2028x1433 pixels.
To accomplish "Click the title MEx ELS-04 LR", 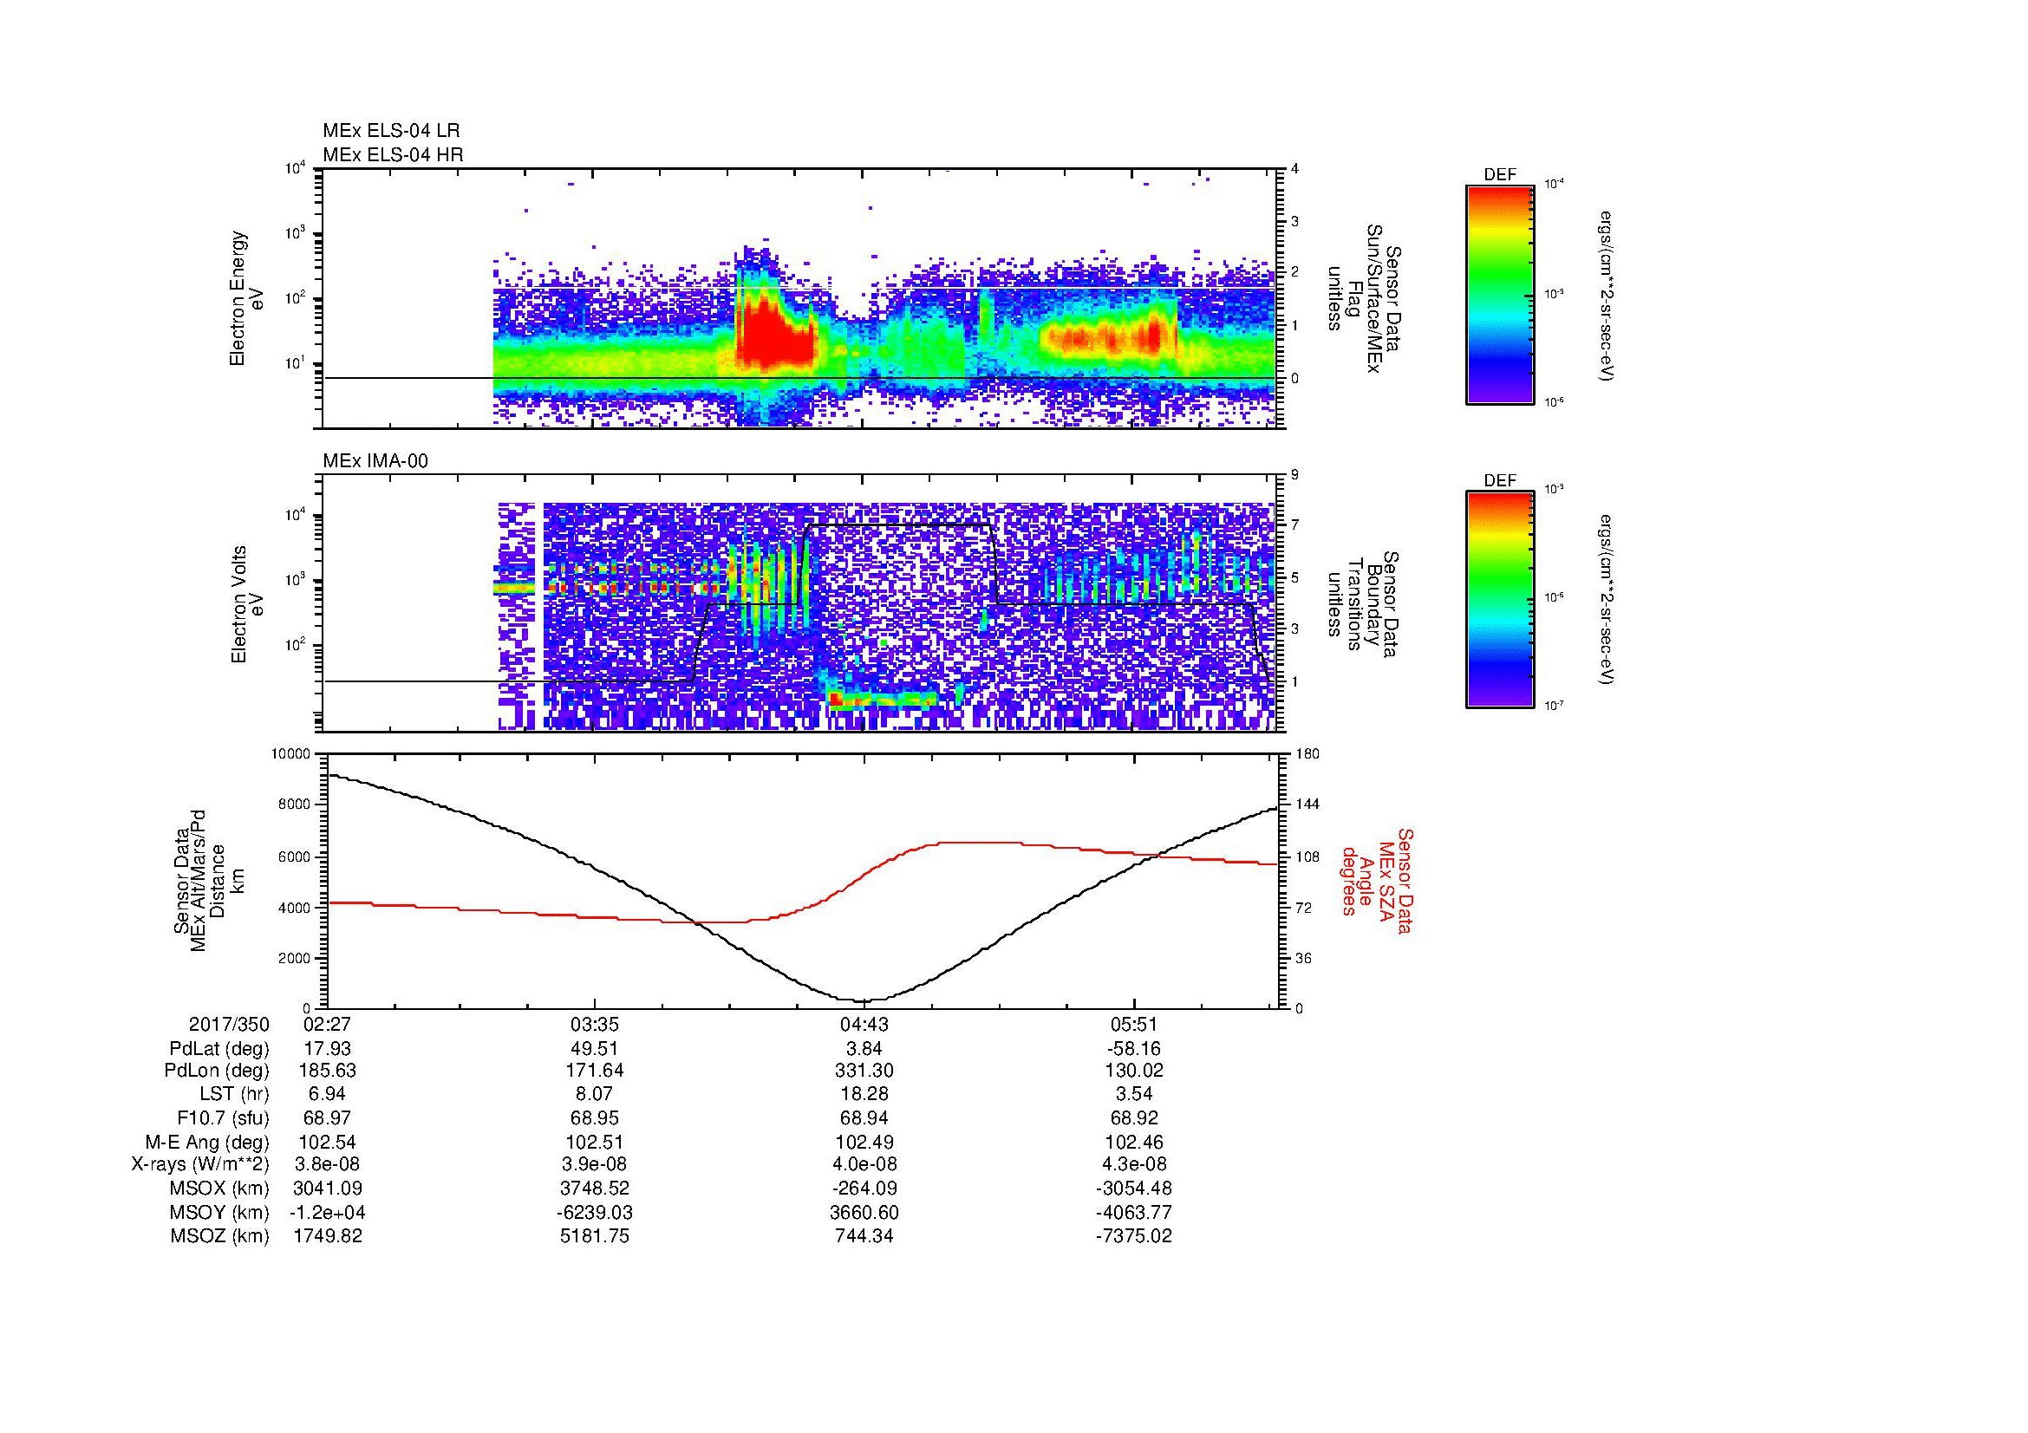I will click(x=390, y=131).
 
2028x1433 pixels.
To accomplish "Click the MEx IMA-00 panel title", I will click(x=375, y=461).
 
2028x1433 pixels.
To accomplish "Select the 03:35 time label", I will click(x=595, y=1025).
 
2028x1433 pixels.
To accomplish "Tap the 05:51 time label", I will click(x=1133, y=1025).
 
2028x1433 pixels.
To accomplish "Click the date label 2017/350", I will click(x=229, y=1025).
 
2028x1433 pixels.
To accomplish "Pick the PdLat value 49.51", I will click(x=595, y=1049).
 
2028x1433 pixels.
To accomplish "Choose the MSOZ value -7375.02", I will click(x=1133, y=1236).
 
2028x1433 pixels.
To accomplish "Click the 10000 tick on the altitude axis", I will click(x=290, y=754).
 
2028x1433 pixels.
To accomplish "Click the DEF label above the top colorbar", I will click(x=1500, y=176).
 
